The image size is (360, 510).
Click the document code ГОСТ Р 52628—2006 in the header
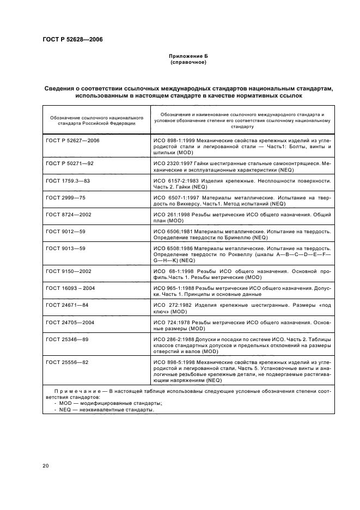(x=73, y=40)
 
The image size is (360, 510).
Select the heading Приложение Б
(x=187, y=56)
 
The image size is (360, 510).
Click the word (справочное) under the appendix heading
(x=187, y=62)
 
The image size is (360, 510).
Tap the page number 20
(x=46, y=466)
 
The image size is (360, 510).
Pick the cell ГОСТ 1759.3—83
(x=68, y=180)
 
